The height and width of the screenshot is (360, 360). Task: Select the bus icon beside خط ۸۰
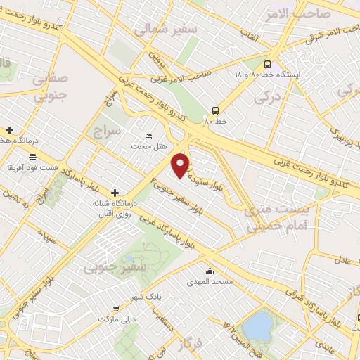click(x=215, y=110)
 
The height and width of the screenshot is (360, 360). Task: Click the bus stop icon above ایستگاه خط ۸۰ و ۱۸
click(x=266, y=63)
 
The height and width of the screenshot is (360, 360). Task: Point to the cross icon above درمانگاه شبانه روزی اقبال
click(x=115, y=192)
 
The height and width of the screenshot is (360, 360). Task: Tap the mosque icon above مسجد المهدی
click(x=209, y=271)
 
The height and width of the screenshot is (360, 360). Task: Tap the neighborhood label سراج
click(x=105, y=131)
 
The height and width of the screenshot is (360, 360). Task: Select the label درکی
click(x=285, y=91)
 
